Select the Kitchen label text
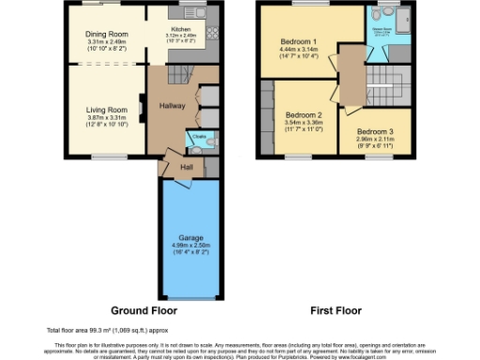(180, 29)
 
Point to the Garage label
(191, 238)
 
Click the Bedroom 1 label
(298, 41)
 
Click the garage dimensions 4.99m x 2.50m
(191, 247)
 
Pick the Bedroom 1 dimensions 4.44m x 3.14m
(298, 50)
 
